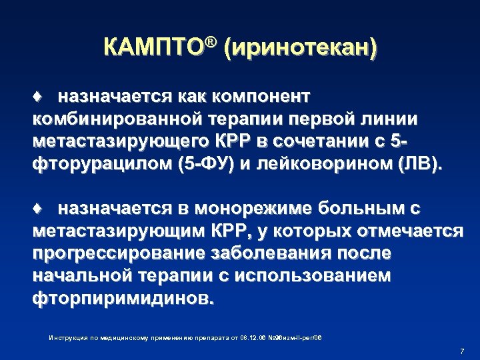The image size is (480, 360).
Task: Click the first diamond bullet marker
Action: [x=39, y=97]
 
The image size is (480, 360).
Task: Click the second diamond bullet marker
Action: [x=39, y=209]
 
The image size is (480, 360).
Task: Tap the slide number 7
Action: [x=462, y=351]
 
